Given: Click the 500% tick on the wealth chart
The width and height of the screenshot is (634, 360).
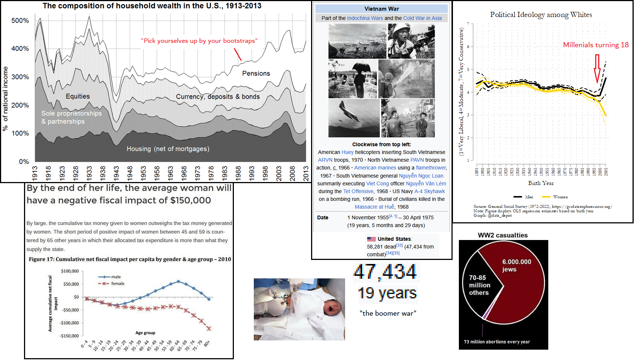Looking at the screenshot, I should click(x=20, y=21).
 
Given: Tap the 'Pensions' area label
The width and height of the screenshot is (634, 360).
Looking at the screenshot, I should click(x=256, y=73).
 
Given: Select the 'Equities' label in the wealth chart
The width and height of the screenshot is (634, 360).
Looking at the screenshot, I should click(x=78, y=96).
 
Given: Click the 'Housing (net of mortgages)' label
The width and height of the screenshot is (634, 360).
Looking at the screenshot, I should click(x=168, y=149).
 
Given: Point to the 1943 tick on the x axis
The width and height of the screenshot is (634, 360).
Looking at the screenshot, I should click(x=116, y=173).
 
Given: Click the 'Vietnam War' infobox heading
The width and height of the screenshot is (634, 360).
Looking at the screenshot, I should click(x=381, y=9).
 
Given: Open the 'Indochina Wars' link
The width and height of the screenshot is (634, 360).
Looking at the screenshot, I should click(x=365, y=18).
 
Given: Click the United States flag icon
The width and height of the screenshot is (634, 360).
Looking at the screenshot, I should click(x=371, y=239).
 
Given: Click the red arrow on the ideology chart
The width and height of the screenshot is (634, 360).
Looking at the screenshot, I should click(x=597, y=68).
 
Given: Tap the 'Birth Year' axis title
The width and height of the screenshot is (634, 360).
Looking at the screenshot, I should click(x=541, y=183).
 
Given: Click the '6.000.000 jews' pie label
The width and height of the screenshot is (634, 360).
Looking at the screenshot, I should click(x=516, y=265).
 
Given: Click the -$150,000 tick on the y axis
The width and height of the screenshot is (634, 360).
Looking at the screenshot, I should click(x=69, y=336).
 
